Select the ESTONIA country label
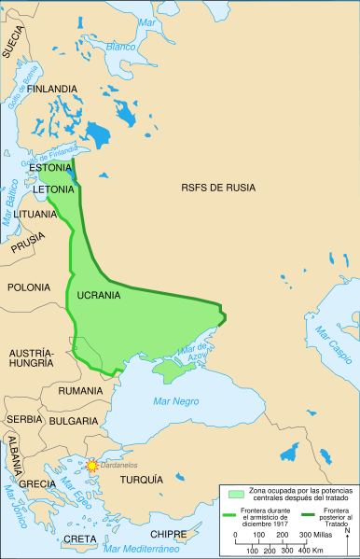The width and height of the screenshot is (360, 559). (52, 169)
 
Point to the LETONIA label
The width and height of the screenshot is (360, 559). (53, 189)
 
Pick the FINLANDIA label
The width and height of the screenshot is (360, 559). (52, 89)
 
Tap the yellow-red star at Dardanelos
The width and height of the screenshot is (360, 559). (92, 465)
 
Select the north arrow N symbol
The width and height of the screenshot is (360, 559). (347, 532)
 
